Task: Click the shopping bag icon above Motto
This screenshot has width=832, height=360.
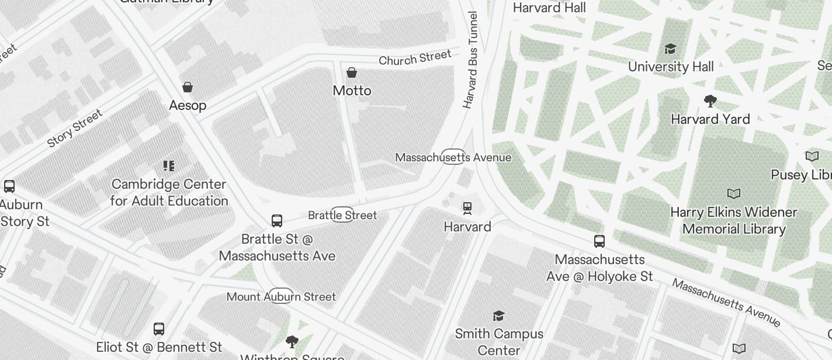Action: pos(352,72)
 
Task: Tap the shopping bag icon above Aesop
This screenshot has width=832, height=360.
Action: pos(188,87)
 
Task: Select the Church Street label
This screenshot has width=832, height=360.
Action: pos(415,58)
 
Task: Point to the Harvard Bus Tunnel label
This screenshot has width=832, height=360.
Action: pos(470,60)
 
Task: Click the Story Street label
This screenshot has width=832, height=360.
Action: pos(75,128)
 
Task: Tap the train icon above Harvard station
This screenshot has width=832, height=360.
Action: pos(467,208)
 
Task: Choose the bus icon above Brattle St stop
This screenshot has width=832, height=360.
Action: pos(277,221)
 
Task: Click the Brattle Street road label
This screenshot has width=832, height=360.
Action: pos(342,215)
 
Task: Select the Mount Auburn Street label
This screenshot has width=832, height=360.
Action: pos(281,296)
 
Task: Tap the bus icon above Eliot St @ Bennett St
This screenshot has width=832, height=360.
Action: pos(159,328)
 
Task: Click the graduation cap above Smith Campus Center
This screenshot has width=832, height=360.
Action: pos(498,316)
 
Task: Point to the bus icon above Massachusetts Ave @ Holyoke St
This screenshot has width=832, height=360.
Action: pos(599,241)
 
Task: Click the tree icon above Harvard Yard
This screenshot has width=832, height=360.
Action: pos(710,102)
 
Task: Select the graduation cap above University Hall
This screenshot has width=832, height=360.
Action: pos(671,49)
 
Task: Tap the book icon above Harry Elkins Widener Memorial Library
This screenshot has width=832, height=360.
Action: pos(734,193)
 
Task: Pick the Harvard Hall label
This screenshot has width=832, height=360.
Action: pos(549,8)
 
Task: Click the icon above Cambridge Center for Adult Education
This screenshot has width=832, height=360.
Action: pos(169,167)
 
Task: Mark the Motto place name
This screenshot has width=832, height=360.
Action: pos(352,91)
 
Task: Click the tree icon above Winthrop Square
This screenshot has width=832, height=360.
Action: pos(292,342)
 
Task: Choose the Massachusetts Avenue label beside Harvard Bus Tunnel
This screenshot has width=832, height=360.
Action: pos(453,157)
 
